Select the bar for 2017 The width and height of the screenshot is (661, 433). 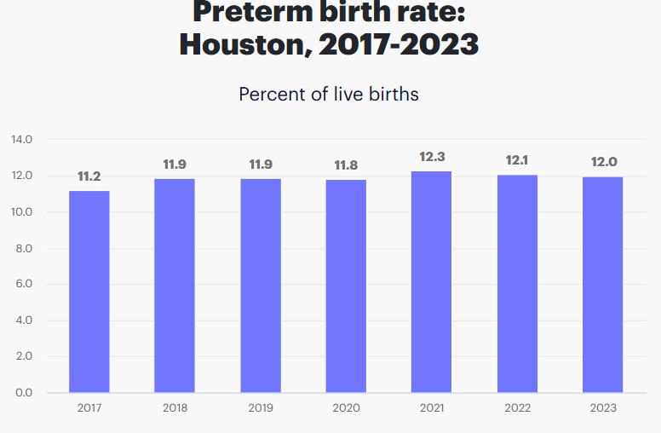click(89, 292)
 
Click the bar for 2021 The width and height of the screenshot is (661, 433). click(431, 281)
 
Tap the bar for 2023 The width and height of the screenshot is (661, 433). click(602, 285)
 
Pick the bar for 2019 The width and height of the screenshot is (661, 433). click(260, 286)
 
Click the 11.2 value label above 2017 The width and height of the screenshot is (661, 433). click(89, 176)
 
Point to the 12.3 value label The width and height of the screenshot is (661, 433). click(431, 157)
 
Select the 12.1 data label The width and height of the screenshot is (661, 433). click(517, 160)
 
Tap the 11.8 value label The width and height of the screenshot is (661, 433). click(345, 165)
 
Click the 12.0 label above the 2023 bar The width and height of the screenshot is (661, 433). click(602, 162)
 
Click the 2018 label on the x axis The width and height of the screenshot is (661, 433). click(175, 408)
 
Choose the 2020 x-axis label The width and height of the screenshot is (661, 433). click(345, 408)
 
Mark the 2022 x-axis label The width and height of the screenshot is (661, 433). click(517, 408)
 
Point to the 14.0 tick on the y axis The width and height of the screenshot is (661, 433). click(22, 140)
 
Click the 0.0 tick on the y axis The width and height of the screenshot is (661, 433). click(23, 393)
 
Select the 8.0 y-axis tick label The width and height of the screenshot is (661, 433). click(23, 248)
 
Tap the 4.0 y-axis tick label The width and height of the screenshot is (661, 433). click(23, 320)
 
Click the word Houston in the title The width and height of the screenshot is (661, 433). click(243, 43)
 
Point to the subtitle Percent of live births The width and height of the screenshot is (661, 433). click(329, 94)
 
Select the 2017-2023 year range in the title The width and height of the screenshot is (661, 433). click(399, 43)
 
